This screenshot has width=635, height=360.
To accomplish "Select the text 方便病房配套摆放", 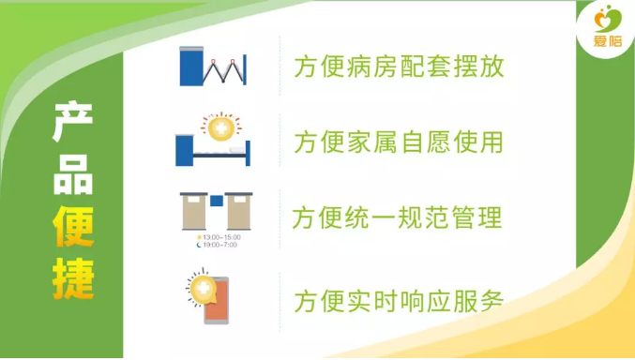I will (x=399, y=68).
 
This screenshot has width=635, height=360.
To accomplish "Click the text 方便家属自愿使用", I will (x=399, y=142).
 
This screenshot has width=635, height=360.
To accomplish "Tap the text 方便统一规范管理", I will (x=399, y=217).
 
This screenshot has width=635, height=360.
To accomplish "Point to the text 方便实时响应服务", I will (x=399, y=301).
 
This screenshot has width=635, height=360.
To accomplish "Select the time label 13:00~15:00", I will (x=219, y=237).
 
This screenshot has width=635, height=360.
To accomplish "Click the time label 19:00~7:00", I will (x=219, y=246).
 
